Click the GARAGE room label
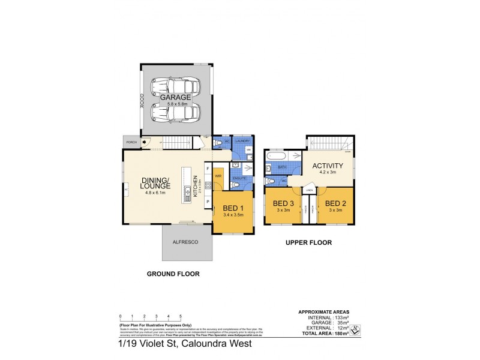pyautogui.click(x=175, y=97)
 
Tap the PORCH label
pyautogui.click(x=131, y=142)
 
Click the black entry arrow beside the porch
pyautogui.click(x=145, y=142)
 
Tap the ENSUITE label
pyautogui.click(x=239, y=178)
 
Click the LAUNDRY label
pyautogui.click(x=242, y=141)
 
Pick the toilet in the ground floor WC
pyautogui.click(x=219, y=143)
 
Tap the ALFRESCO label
pyautogui.click(x=185, y=242)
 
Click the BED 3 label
pyautogui.click(x=282, y=203)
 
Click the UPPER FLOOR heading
pyautogui.click(x=309, y=243)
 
